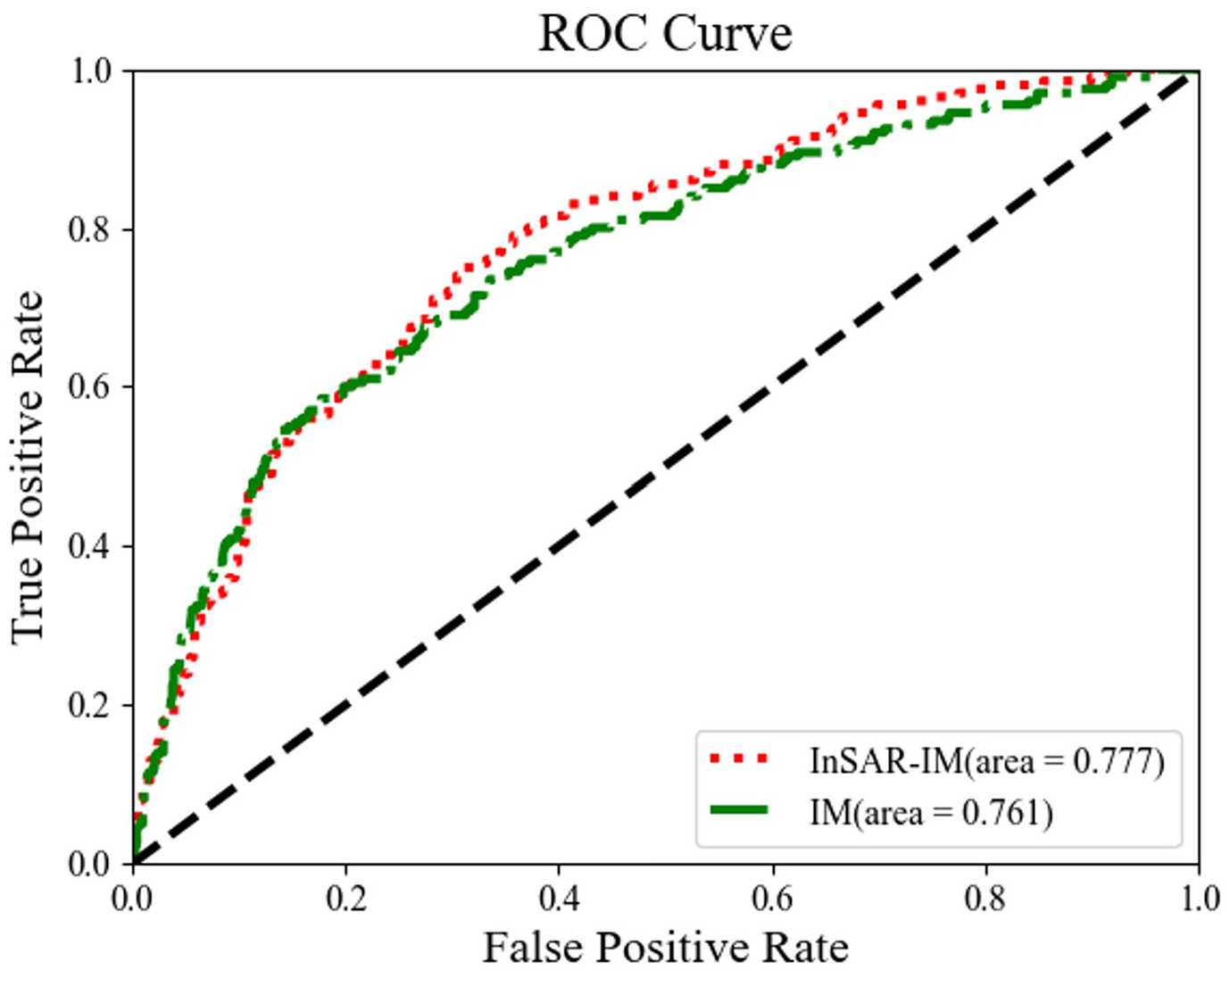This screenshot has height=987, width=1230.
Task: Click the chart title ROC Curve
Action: tap(665, 34)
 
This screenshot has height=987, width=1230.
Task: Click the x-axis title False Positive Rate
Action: tap(665, 947)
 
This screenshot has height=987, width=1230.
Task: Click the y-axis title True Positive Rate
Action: tap(29, 466)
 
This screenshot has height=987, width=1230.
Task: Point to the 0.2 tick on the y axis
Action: tap(89, 704)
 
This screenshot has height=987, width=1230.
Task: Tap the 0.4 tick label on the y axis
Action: tap(89, 545)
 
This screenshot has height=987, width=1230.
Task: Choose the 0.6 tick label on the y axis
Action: tap(89, 386)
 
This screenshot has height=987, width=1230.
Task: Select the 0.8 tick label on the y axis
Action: tap(89, 228)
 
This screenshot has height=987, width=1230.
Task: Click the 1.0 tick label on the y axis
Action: tap(89, 70)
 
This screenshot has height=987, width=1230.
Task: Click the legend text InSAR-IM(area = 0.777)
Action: tap(987, 760)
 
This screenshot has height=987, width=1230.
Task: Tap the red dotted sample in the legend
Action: tap(739, 759)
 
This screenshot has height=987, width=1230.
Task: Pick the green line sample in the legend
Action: tap(739, 810)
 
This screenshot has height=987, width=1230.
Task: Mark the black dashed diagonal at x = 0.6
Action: tap(772, 387)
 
